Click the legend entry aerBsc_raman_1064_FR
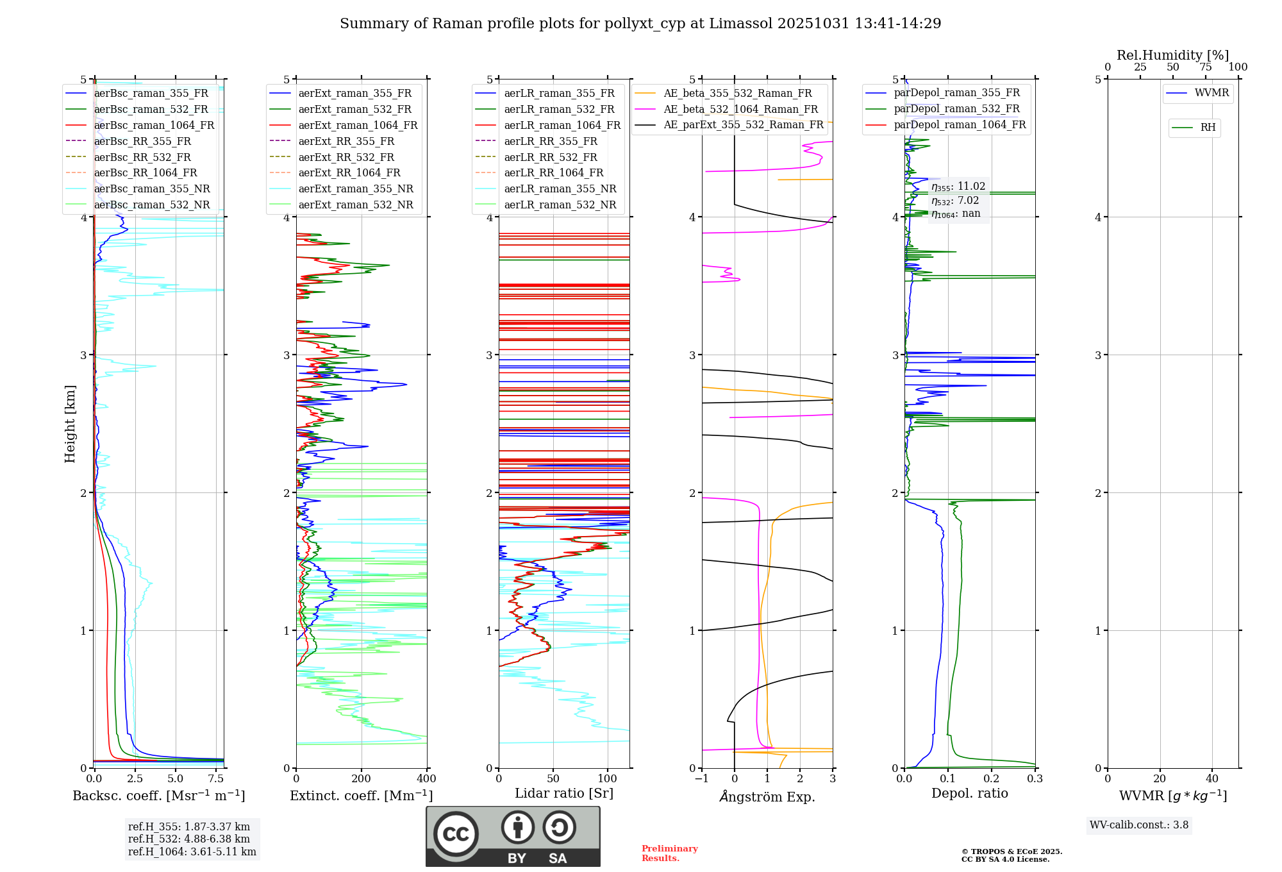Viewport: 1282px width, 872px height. [x=154, y=126]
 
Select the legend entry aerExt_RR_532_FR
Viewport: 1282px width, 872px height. [x=346, y=157]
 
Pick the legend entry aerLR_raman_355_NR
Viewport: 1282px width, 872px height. [x=560, y=189]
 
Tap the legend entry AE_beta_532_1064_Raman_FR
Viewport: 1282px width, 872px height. [x=740, y=110]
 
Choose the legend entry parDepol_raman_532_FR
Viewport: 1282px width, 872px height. [x=956, y=109]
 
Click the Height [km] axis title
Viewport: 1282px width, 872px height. [x=70, y=424]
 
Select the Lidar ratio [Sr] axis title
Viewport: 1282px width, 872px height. [x=564, y=793]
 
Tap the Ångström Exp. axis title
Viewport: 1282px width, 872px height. [x=767, y=796]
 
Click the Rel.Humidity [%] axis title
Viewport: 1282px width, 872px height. [x=1172, y=55]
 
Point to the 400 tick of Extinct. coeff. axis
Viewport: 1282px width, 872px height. [x=426, y=779]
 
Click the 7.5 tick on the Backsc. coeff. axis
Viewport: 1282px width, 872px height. [x=216, y=779]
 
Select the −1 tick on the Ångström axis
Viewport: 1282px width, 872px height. [x=701, y=779]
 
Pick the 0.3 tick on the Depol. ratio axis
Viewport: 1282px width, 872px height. [x=1035, y=779]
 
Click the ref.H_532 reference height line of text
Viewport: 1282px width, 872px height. [x=189, y=839]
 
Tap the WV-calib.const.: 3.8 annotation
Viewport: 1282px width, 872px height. [x=1139, y=825]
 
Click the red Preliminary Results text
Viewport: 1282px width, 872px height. [x=669, y=853]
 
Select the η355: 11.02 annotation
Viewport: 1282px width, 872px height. [x=958, y=187]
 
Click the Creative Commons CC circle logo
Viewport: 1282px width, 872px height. [x=456, y=834]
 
